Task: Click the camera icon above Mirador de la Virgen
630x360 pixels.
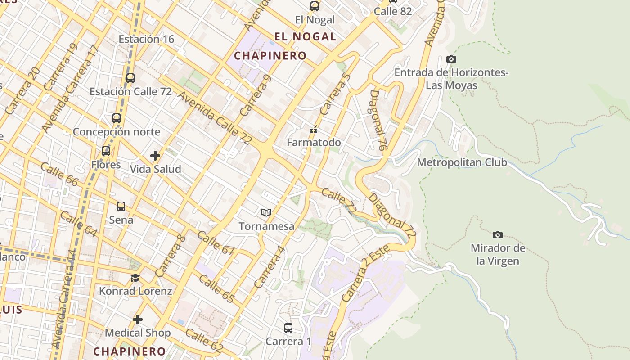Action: point(497,235)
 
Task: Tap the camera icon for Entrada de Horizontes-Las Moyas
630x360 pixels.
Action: point(451,59)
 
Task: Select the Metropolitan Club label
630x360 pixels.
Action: point(462,162)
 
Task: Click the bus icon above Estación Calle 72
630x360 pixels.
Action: point(130,78)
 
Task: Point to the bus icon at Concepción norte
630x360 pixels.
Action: point(117,118)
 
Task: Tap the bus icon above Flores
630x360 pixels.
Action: point(106,151)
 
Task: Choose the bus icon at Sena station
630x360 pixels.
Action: point(121,207)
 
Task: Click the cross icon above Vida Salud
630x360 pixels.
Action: point(155,156)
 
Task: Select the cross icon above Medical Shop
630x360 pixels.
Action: point(138,319)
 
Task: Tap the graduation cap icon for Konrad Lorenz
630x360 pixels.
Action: point(135,278)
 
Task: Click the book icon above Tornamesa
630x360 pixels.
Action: point(266,212)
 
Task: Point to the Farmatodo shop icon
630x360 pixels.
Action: point(314,130)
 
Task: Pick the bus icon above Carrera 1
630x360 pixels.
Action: point(288,328)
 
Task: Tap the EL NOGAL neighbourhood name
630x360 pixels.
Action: point(305,37)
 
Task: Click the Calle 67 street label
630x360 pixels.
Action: point(216,243)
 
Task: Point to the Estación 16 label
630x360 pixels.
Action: point(146,39)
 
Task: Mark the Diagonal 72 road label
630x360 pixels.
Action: point(392,215)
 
